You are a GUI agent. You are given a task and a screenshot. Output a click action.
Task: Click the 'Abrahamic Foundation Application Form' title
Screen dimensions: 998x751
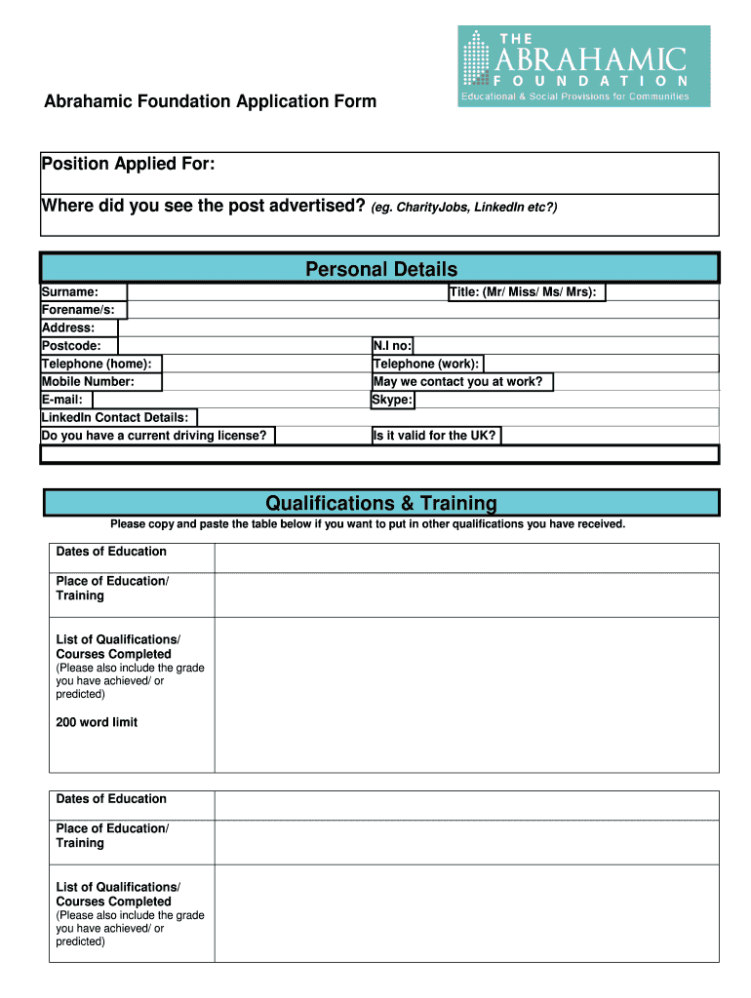210,102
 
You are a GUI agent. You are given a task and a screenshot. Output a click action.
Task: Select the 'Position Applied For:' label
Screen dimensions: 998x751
128,164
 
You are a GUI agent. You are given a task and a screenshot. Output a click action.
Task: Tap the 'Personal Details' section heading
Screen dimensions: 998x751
381,269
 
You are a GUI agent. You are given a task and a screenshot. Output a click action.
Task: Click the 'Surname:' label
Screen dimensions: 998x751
70,292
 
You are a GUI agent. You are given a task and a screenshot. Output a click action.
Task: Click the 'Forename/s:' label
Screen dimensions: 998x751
79,310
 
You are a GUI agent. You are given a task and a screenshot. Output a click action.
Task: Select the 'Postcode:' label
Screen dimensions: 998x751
72,346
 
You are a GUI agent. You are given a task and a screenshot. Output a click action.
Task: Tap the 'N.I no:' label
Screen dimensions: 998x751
393,346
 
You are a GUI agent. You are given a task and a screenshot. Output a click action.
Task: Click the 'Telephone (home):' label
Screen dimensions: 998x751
97,364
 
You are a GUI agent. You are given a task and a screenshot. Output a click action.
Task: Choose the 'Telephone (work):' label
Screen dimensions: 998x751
426,364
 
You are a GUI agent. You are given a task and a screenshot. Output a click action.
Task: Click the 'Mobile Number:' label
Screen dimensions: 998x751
89,382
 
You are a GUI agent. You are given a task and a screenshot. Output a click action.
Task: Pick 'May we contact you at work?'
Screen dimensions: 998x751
458,382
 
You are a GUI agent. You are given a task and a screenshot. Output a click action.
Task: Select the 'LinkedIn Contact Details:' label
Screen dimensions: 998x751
115,417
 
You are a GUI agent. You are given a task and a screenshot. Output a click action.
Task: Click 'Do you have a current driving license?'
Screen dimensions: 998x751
154,436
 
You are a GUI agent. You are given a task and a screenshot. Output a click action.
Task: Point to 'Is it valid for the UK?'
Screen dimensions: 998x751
435,436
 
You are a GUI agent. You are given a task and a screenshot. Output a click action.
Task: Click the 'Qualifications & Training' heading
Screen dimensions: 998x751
381,503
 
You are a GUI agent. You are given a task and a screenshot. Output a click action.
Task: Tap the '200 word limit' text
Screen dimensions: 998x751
98,722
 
